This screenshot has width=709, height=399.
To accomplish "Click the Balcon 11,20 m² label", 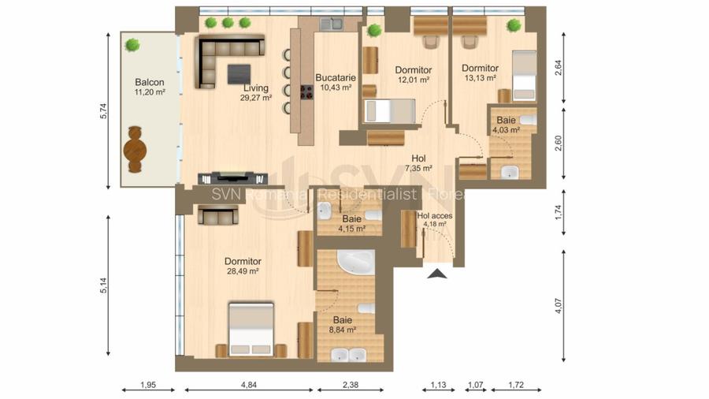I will [x=150, y=87].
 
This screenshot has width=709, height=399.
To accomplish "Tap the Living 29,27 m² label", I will [x=257, y=93].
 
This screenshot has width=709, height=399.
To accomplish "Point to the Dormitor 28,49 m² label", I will [x=243, y=266].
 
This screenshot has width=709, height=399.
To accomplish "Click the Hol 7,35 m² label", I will [x=418, y=163].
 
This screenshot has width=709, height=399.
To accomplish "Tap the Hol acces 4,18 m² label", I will [x=434, y=219].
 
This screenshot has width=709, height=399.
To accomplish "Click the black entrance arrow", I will [x=437, y=274].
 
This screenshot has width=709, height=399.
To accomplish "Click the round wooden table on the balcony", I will [x=135, y=150].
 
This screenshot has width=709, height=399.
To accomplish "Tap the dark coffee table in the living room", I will [x=241, y=73].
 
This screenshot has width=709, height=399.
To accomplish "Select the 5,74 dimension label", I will [x=102, y=110].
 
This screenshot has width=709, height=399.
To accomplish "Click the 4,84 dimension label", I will [x=250, y=386].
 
